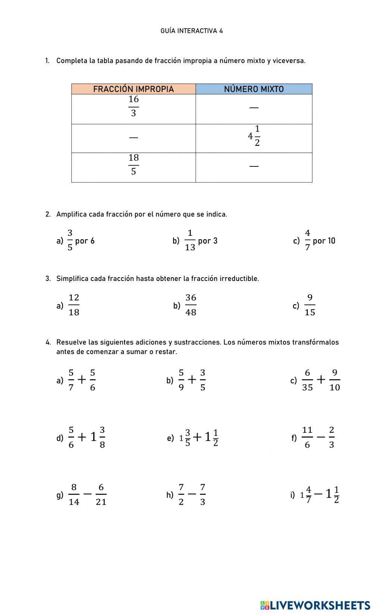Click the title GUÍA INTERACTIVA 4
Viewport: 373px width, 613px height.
pyautogui.click(x=191, y=31)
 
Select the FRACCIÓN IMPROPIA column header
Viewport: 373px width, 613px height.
pyautogui.click(x=133, y=89)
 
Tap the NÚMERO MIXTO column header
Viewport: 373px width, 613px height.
pyautogui.click(x=254, y=89)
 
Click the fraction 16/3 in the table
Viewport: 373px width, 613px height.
pyautogui.click(x=134, y=106)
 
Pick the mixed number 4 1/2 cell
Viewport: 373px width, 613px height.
pyautogui.click(x=254, y=136)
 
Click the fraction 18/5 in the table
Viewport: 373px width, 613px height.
pyautogui.click(x=134, y=165)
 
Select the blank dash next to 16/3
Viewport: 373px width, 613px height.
pyautogui.click(x=254, y=108)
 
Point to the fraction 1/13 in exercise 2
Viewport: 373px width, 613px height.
pyautogui.click(x=190, y=241)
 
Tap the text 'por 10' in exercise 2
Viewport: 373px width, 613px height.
pyautogui.click(x=324, y=241)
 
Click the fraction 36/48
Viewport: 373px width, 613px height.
pyautogui.click(x=191, y=305)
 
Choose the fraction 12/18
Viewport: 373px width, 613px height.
pyautogui.click(x=74, y=305)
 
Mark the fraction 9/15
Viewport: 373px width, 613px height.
pyautogui.click(x=310, y=305)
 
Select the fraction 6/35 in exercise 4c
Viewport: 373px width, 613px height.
pyautogui.click(x=307, y=380)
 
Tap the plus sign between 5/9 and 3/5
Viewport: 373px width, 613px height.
pyautogui.click(x=192, y=380)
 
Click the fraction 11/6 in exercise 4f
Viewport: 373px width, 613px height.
pyautogui.click(x=307, y=437)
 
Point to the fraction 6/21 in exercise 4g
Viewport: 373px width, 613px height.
pyautogui.click(x=101, y=495)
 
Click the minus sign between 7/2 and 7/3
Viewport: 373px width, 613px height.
pyautogui.click(x=192, y=494)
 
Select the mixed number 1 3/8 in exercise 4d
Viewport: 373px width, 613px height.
pyautogui.click(x=98, y=437)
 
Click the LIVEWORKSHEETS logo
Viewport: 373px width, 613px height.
pyautogui.click(x=315, y=605)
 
